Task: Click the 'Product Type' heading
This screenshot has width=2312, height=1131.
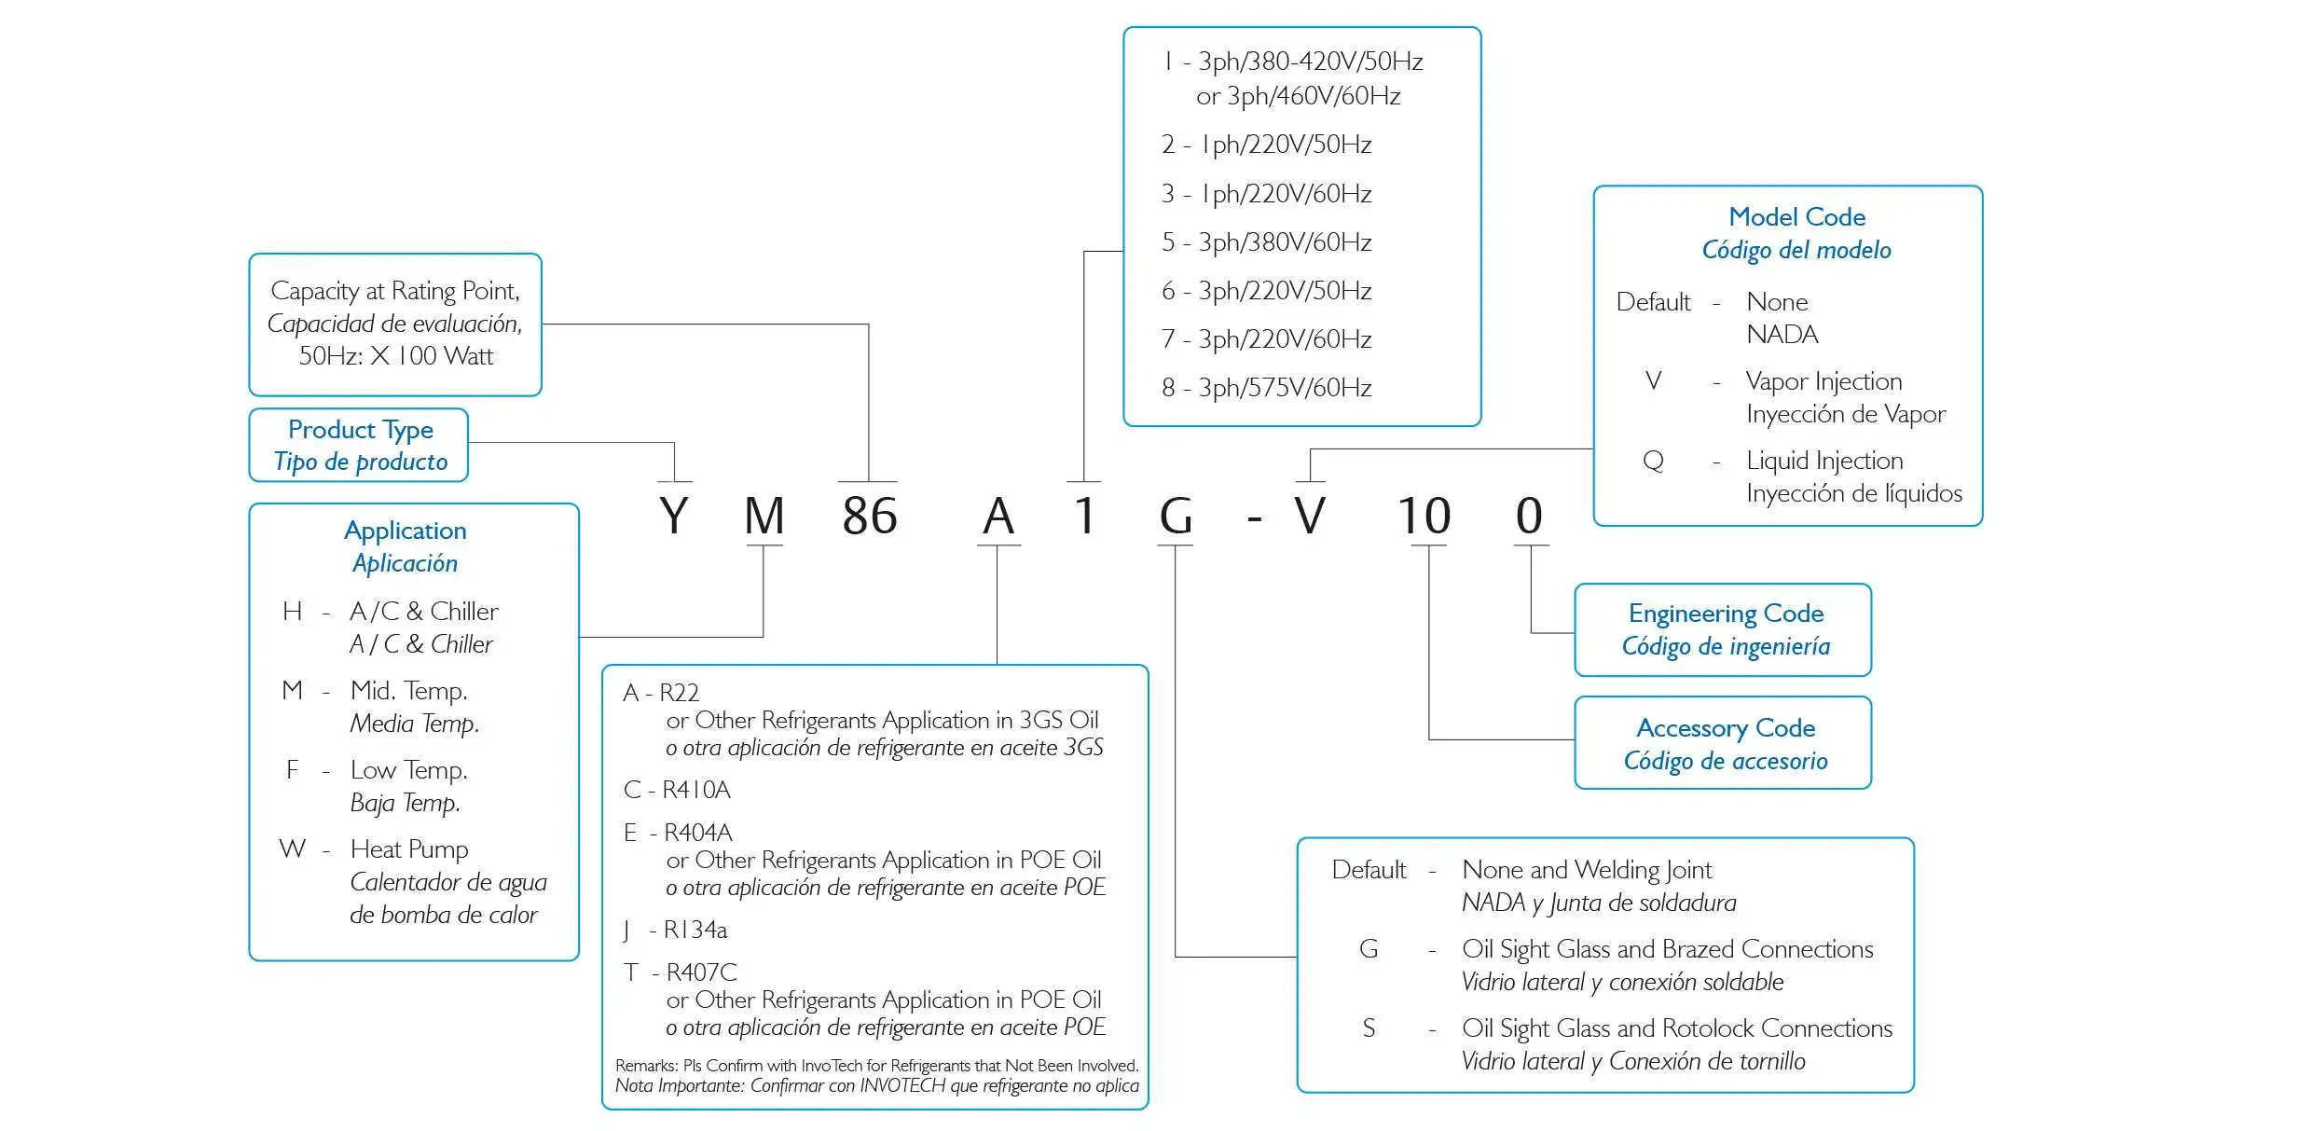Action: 360,430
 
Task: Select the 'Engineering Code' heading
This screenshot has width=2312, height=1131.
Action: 1726,614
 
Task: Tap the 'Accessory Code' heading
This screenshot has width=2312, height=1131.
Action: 1726,728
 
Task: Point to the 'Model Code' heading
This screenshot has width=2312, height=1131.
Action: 1796,217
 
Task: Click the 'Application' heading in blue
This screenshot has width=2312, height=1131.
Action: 405,531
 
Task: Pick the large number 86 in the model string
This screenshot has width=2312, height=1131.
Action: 869,516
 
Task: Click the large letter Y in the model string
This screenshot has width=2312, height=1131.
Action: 673,516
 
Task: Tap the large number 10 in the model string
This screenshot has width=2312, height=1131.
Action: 1424,516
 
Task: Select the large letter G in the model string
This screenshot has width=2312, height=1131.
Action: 1176,516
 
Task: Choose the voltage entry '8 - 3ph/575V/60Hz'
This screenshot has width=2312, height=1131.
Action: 1266,388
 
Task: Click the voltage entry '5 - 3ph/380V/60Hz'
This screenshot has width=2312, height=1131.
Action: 1266,242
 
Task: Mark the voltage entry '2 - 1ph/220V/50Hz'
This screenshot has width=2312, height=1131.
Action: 1266,145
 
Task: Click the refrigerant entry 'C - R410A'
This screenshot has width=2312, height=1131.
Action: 677,790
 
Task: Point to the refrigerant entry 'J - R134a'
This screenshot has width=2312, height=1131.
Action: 675,930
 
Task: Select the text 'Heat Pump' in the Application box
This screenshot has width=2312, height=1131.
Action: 409,849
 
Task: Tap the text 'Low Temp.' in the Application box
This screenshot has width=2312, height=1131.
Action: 408,770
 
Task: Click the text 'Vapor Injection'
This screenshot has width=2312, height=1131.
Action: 1823,381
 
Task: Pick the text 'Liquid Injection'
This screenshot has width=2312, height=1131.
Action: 1824,461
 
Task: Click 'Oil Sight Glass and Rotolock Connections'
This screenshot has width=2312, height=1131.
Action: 1676,1028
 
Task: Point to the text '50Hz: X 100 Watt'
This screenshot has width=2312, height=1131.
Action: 395,356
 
